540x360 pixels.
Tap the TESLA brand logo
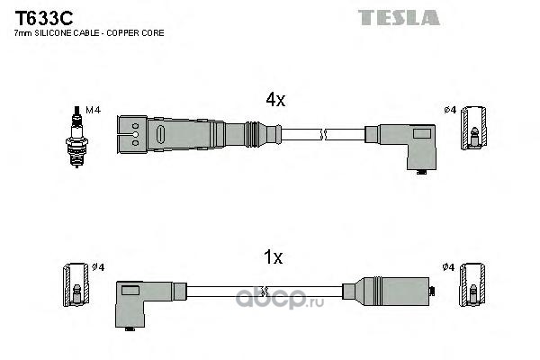(x=399, y=17)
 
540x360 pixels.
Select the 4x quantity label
(x=274, y=101)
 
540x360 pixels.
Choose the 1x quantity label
(x=273, y=257)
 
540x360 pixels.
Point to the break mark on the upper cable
(x=323, y=134)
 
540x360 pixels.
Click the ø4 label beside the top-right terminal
(x=450, y=110)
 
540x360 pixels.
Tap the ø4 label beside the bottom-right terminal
(x=448, y=267)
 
